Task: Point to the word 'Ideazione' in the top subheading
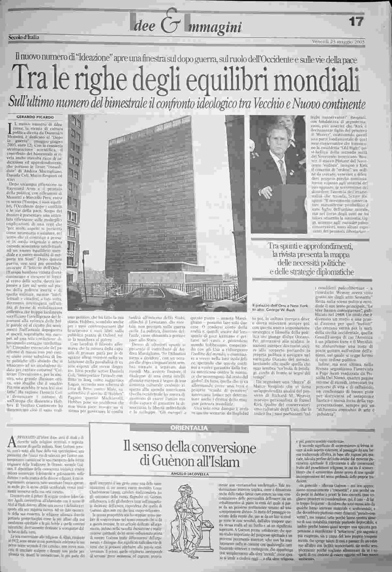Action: (93, 58)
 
